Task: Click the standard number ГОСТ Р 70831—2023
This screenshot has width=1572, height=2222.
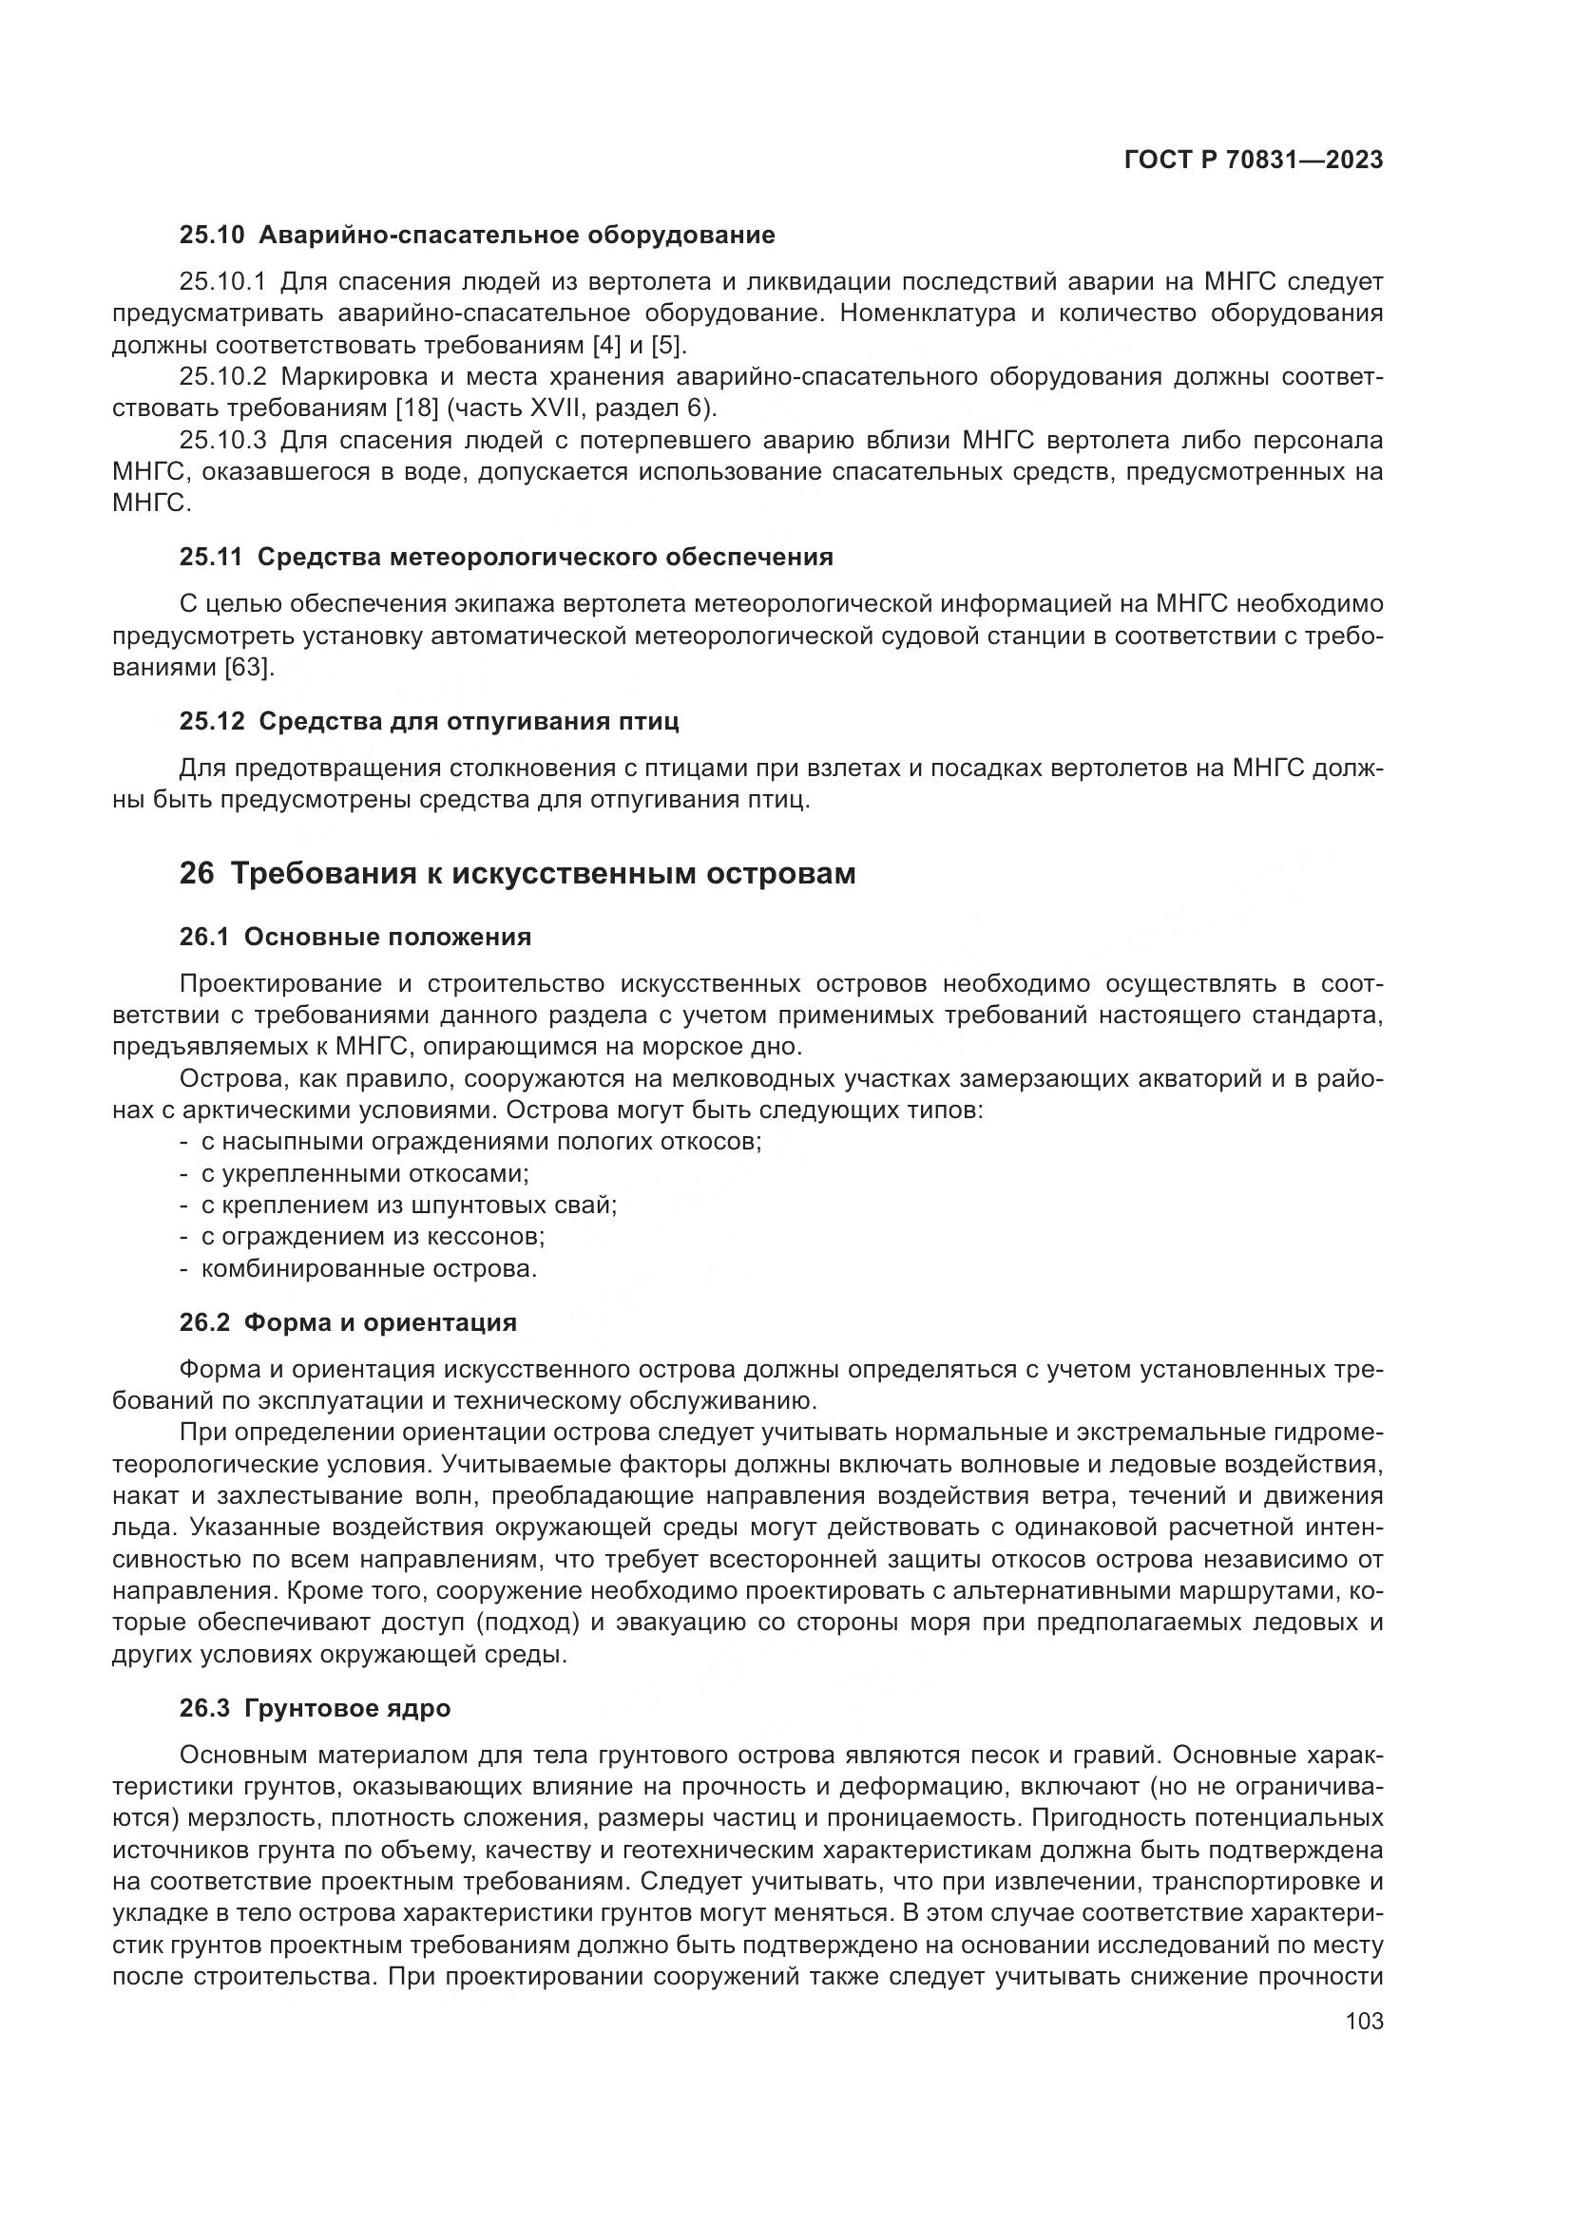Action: (x=1253, y=161)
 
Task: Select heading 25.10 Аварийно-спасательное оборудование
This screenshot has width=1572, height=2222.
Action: (x=477, y=236)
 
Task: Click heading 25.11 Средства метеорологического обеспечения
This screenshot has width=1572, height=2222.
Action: (x=507, y=558)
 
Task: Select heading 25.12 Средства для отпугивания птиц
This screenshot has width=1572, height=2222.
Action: (x=429, y=722)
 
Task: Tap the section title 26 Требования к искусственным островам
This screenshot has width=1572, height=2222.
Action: (x=518, y=874)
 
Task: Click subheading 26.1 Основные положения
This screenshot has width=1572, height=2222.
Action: (x=355, y=937)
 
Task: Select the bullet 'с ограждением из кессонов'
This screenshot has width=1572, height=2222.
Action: (x=373, y=1237)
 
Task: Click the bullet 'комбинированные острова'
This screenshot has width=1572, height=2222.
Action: (x=369, y=1269)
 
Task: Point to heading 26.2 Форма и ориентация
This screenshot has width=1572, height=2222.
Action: (x=349, y=1323)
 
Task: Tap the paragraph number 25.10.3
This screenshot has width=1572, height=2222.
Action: (x=222, y=442)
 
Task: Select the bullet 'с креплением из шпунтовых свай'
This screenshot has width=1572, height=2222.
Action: (x=409, y=1206)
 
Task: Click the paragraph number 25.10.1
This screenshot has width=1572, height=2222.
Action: (x=222, y=282)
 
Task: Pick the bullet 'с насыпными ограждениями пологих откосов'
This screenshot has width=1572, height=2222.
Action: (x=481, y=1142)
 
